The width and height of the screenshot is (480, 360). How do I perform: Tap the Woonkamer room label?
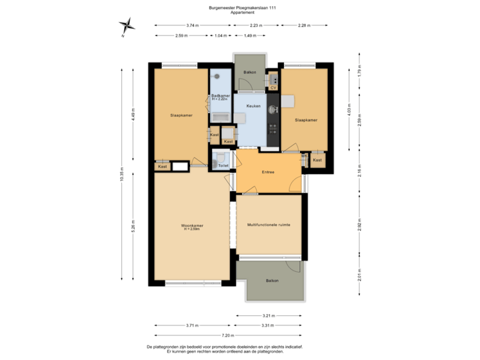tap(192, 225)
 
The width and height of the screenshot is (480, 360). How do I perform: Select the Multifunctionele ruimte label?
tap(268, 225)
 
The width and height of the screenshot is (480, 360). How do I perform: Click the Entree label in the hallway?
tap(269, 171)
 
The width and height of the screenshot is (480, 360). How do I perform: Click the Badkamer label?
tap(220, 96)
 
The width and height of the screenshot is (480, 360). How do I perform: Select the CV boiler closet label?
tap(273, 87)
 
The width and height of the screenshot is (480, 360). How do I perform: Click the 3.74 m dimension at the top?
tap(191, 25)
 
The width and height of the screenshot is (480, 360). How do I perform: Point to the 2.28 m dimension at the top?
tap(303, 25)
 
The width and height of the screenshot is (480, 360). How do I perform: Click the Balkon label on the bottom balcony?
tap(271, 281)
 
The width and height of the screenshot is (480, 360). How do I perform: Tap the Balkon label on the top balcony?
tap(249, 71)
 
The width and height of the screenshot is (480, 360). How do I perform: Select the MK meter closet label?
tap(304, 155)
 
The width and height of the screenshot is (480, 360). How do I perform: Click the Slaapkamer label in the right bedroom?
tap(306, 120)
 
